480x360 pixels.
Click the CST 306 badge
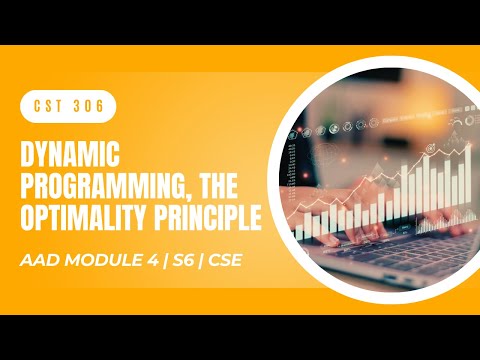coord(68,105)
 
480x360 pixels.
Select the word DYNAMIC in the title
coord(69,157)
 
